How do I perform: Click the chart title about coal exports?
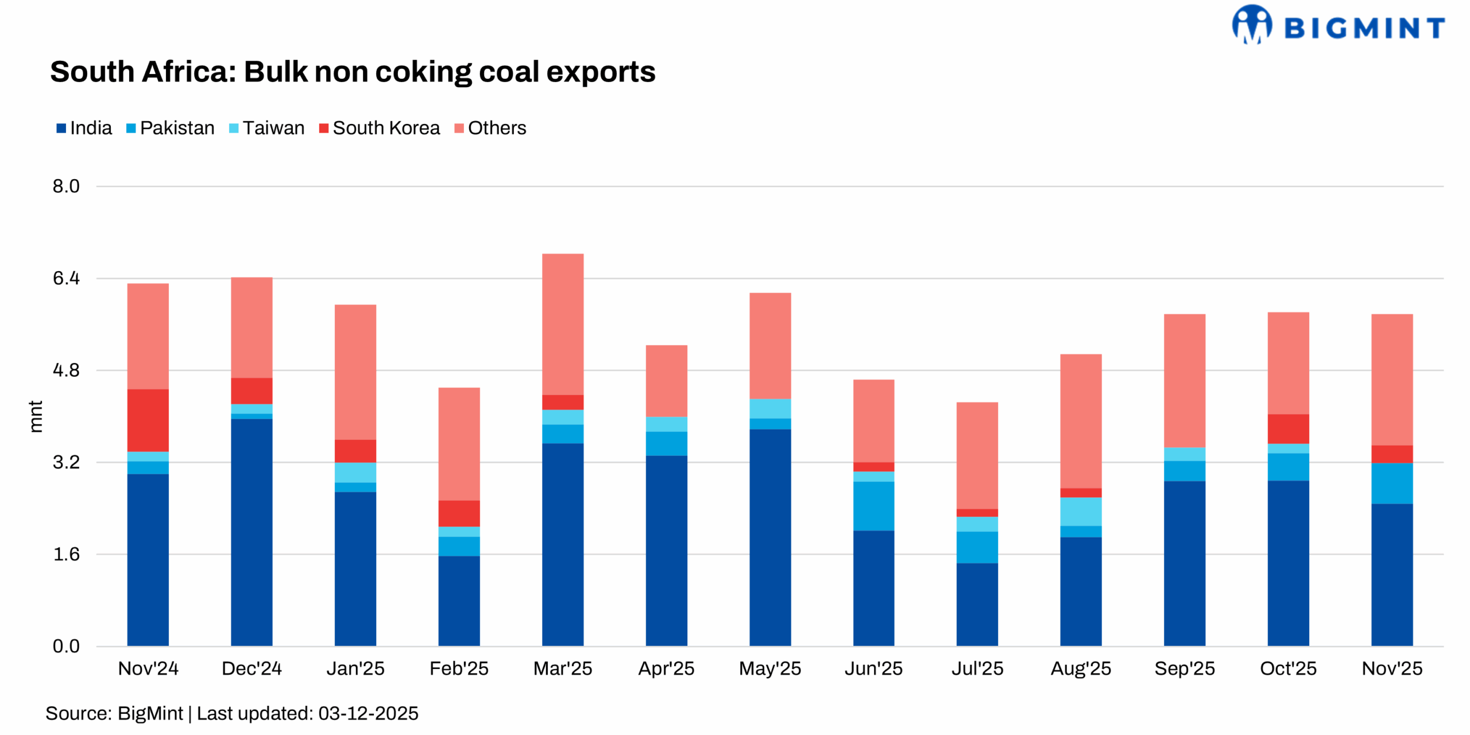(x=353, y=72)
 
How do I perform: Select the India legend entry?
(x=84, y=128)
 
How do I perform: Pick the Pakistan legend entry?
(x=171, y=128)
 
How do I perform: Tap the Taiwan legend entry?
(x=267, y=128)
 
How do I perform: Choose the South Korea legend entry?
(x=380, y=128)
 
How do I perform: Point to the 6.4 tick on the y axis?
(x=66, y=278)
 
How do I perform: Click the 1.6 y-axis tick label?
(x=66, y=554)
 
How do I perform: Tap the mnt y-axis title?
(x=36, y=416)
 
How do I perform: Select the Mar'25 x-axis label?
(x=562, y=668)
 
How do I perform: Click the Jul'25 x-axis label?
(x=977, y=668)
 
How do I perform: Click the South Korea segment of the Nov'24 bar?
(x=148, y=420)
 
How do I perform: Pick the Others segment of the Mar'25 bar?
(x=563, y=324)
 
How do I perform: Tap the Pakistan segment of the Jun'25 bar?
(x=873, y=506)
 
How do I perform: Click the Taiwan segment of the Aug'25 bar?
(x=1081, y=512)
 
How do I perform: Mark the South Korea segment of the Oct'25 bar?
(x=1288, y=429)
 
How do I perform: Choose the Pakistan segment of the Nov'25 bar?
(x=1392, y=483)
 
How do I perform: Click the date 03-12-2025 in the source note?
(x=368, y=713)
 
